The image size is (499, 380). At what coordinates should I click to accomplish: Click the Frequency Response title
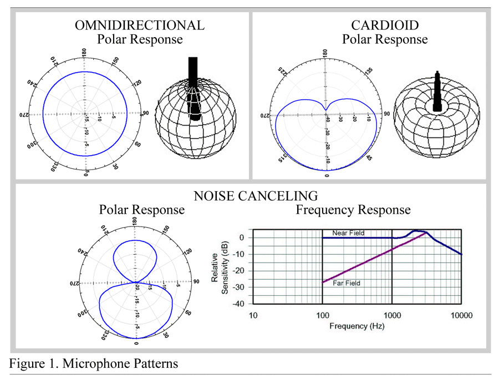tap(353, 210)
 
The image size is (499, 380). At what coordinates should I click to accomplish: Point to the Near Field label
tap(348, 233)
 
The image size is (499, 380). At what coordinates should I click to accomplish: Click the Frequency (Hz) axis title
tap(357, 326)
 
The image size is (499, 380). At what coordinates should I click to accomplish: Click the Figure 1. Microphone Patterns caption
tap(94, 364)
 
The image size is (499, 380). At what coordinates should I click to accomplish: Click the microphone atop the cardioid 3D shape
tap(437, 91)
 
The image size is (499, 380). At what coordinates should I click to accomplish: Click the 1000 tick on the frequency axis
tap(392, 315)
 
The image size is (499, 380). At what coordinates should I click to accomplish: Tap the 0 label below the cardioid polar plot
tap(327, 176)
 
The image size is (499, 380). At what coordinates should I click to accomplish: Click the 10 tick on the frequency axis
tap(253, 315)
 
